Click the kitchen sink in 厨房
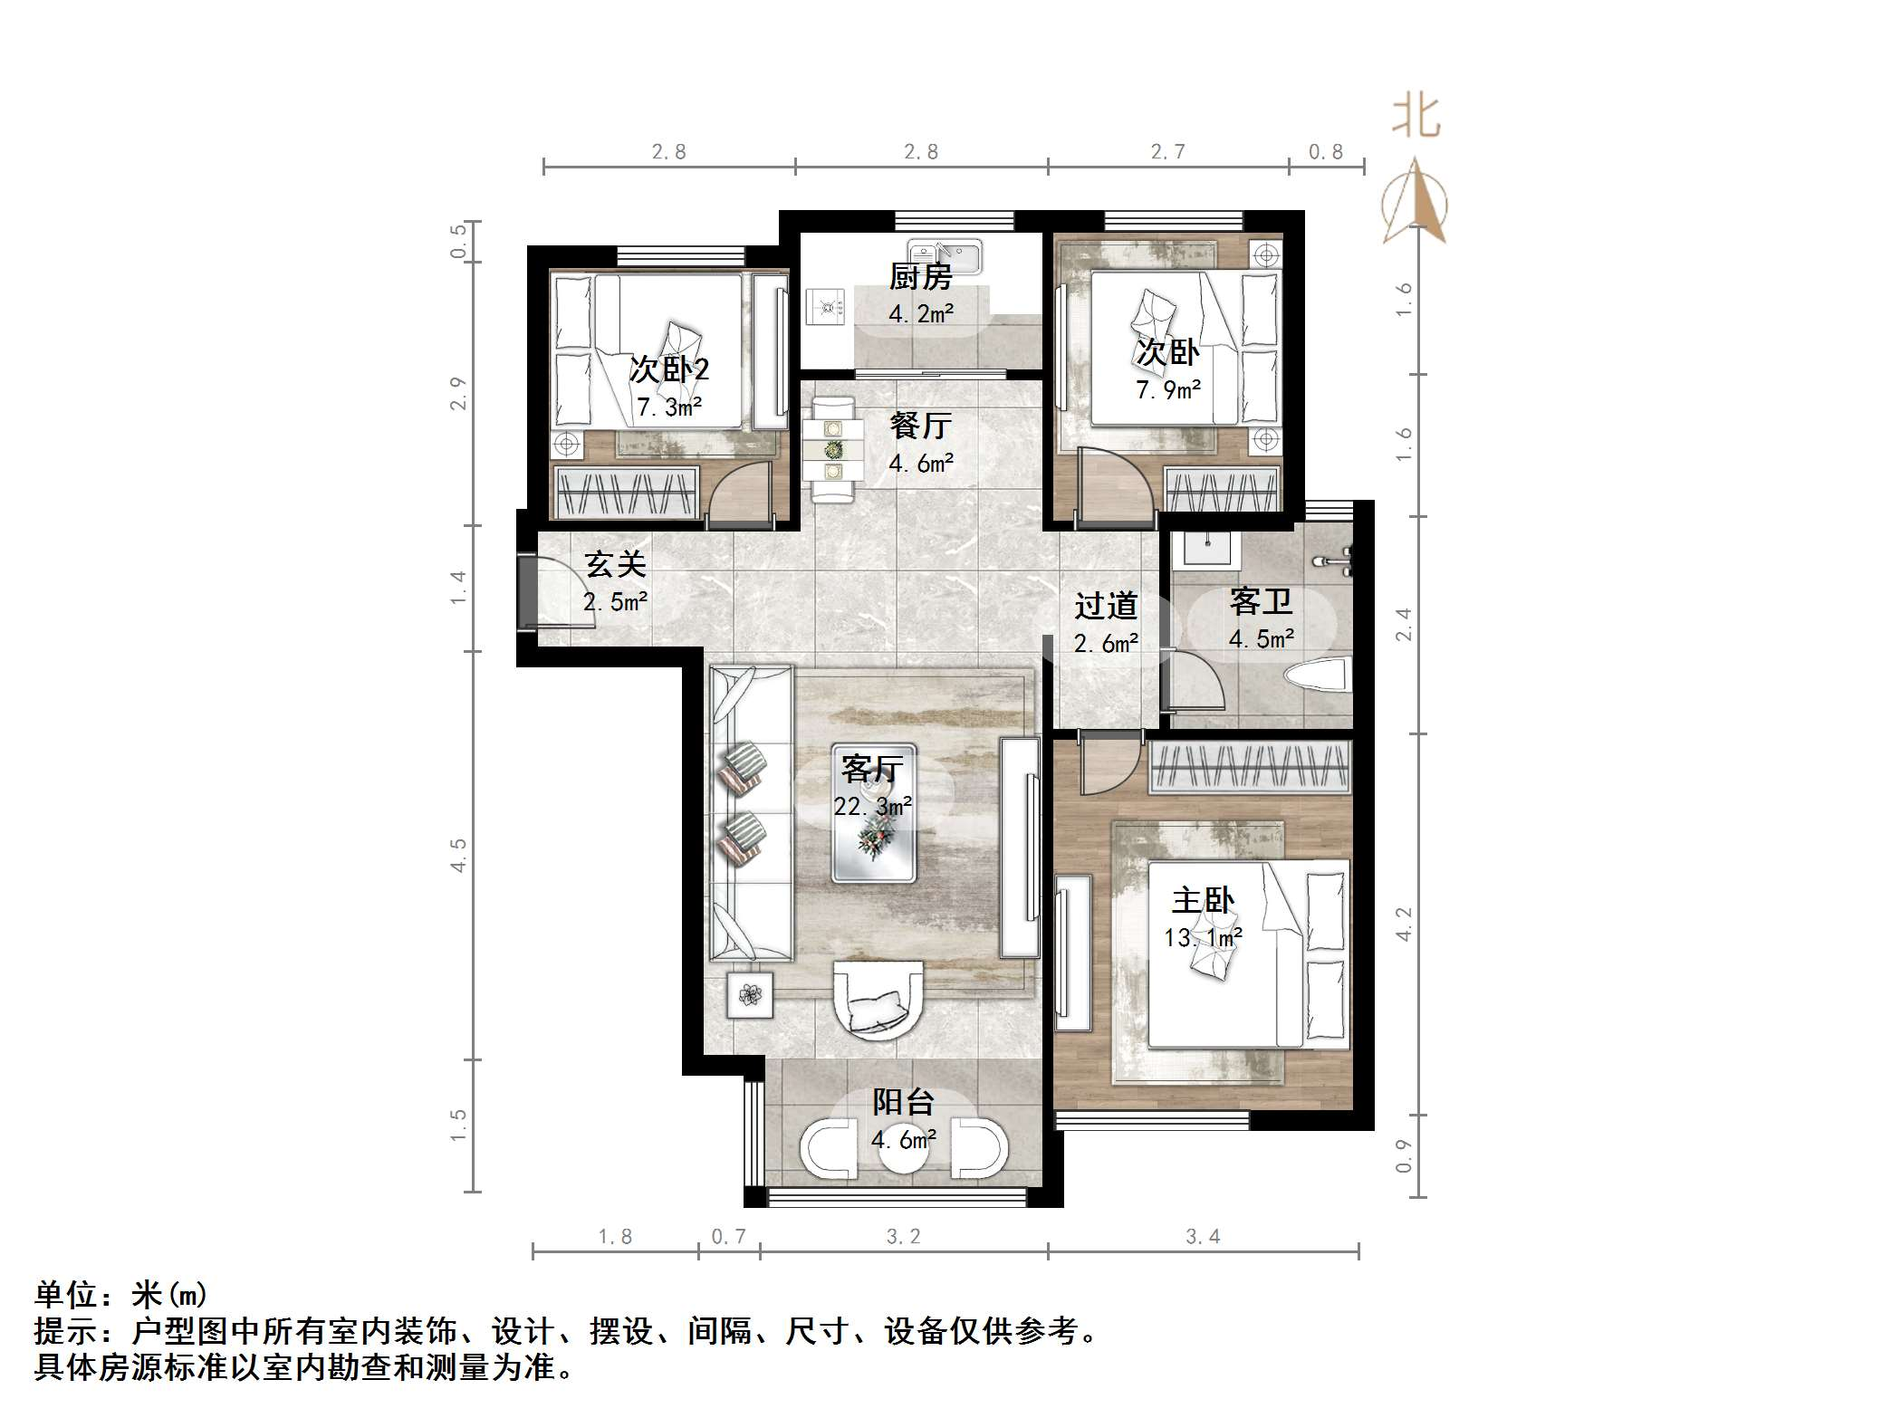coord(945,256)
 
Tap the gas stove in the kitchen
coord(825,306)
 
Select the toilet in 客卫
coord(1319,676)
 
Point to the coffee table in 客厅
coord(873,813)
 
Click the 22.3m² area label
coord(872,805)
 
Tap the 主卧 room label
coord(1203,900)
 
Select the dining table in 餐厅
coord(830,449)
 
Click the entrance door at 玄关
coord(527,593)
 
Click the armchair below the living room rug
coord(878,1001)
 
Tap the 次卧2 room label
coord(669,369)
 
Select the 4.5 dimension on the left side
coord(458,855)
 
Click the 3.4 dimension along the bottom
coord(1203,1237)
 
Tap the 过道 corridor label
coord(1106,605)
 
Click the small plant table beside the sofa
coord(750,995)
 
